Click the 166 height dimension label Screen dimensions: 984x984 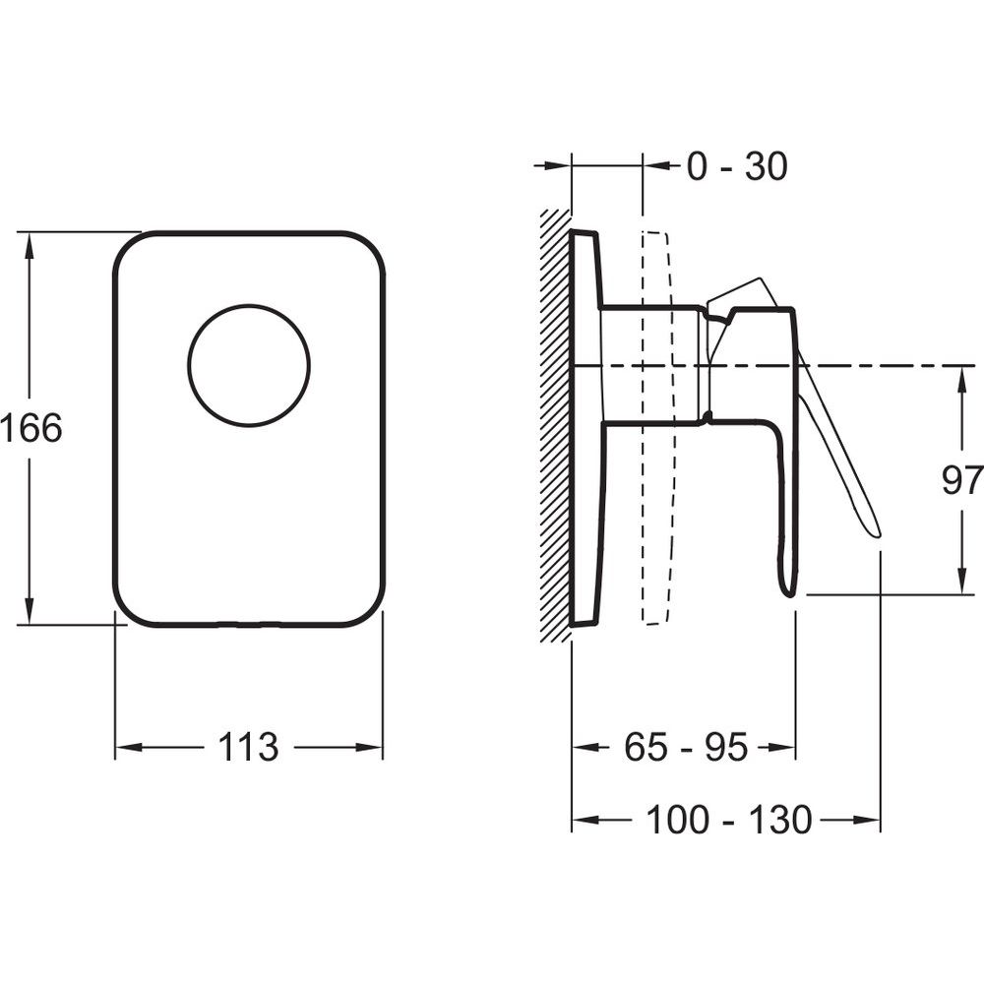pos(31,428)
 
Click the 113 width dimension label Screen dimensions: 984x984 pos(248,747)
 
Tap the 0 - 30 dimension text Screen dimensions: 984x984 pos(737,166)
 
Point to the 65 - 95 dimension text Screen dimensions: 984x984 pos(686,747)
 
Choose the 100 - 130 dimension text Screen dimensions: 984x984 pos(728,820)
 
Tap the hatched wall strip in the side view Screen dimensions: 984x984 pos(556,427)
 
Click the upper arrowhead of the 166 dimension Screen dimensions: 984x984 pos(29,247)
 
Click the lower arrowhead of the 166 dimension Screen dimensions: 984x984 pos(29,610)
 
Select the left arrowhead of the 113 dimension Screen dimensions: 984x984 pos(130,747)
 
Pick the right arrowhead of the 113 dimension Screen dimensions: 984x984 pos(368,747)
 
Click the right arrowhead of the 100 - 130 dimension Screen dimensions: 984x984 pos(866,820)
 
